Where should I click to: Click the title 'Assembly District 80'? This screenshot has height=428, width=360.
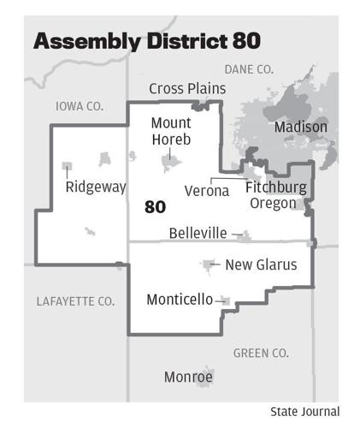pyautogui.click(x=146, y=41)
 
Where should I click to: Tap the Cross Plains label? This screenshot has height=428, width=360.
pyautogui.click(x=187, y=88)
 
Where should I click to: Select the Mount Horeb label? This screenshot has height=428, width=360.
pyautogui.click(x=170, y=131)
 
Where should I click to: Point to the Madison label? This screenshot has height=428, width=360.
pyautogui.click(x=300, y=127)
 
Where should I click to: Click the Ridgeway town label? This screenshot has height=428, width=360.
pyautogui.click(x=96, y=187)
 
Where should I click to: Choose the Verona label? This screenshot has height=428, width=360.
pyautogui.click(x=207, y=191)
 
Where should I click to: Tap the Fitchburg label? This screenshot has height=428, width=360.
pyautogui.click(x=275, y=187)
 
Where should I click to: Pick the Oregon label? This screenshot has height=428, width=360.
pyautogui.click(x=273, y=203)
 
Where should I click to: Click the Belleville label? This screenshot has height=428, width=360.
pyautogui.click(x=198, y=233)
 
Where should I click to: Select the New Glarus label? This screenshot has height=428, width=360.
pyautogui.click(x=261, y=265)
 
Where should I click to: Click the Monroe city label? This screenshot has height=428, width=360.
pyautogui.click(x=188, y=377)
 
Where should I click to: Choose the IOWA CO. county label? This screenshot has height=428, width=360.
pyautogui.click(x=79, y=106)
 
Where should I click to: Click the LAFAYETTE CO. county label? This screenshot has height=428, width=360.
pyautogui.click(x=75, y=301)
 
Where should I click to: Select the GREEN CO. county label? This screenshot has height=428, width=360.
pyautogui.click(x=261, y=353)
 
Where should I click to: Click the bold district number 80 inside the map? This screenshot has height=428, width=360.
pyautogui.click(x=155, y=206)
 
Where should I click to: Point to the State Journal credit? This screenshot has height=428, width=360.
pyautogui.click(x=304, y=412)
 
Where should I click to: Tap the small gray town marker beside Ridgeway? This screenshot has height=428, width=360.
pyautogui.click(x=68, y=165)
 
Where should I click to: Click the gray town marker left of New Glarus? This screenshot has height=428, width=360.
pyautogui.click(x=208, y=265)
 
